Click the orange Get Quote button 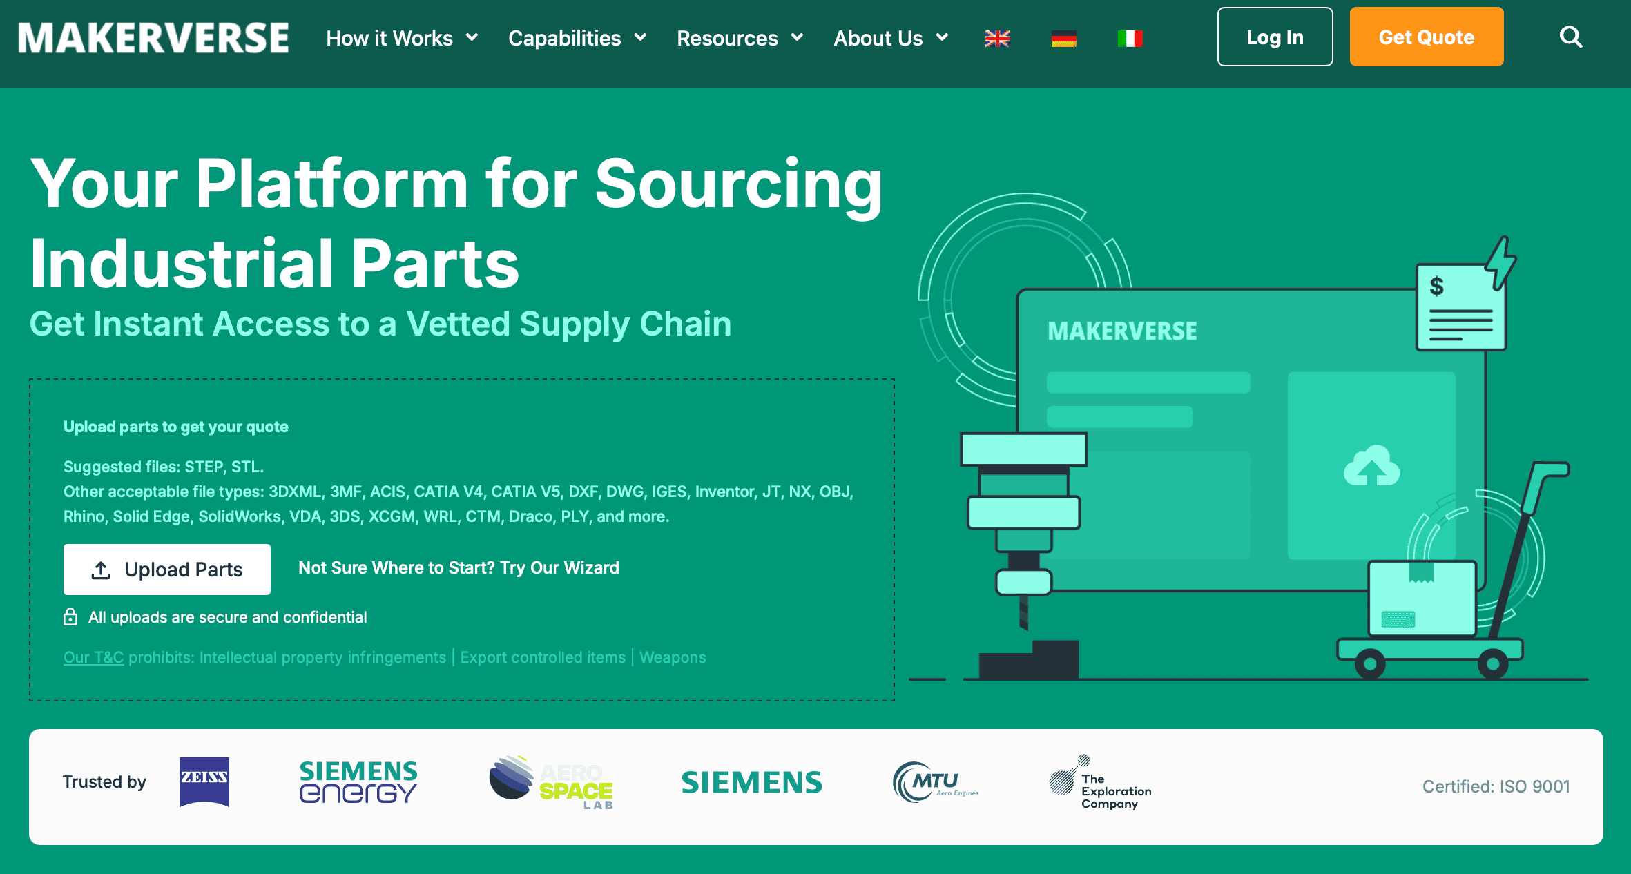point(1426,37)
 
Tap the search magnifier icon point(1571,37)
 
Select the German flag point(1063,39)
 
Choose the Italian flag point(1130,39)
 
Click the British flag point(997,39)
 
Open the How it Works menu point(402,38)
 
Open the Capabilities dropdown point(577,38)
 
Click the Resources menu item point(740,38)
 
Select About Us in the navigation point(891,38)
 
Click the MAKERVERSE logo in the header point(153,38)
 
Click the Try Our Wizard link point(459,567)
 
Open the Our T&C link point(93,657)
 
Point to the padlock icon point(70,616)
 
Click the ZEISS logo point(204,782)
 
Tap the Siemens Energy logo point(358,782)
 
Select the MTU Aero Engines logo point(936,782)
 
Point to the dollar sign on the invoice point(1436,285)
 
